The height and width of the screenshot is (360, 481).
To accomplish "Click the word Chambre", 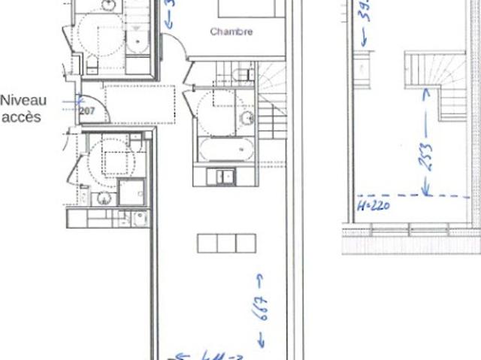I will (231, 32).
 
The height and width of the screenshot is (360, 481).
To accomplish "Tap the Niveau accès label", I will (23, 107).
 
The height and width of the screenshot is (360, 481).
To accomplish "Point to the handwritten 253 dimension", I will (426, 157).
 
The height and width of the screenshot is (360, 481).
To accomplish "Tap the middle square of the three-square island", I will (226, 243).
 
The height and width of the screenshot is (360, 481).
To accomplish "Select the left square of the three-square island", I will (207, 243).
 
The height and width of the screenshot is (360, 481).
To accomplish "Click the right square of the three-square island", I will (246, 243).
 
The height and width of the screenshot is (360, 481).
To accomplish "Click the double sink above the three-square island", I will (224, 177).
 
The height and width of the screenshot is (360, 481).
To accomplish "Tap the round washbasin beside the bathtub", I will (246, 118).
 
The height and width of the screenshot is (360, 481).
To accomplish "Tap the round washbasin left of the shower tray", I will (104, 198).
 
